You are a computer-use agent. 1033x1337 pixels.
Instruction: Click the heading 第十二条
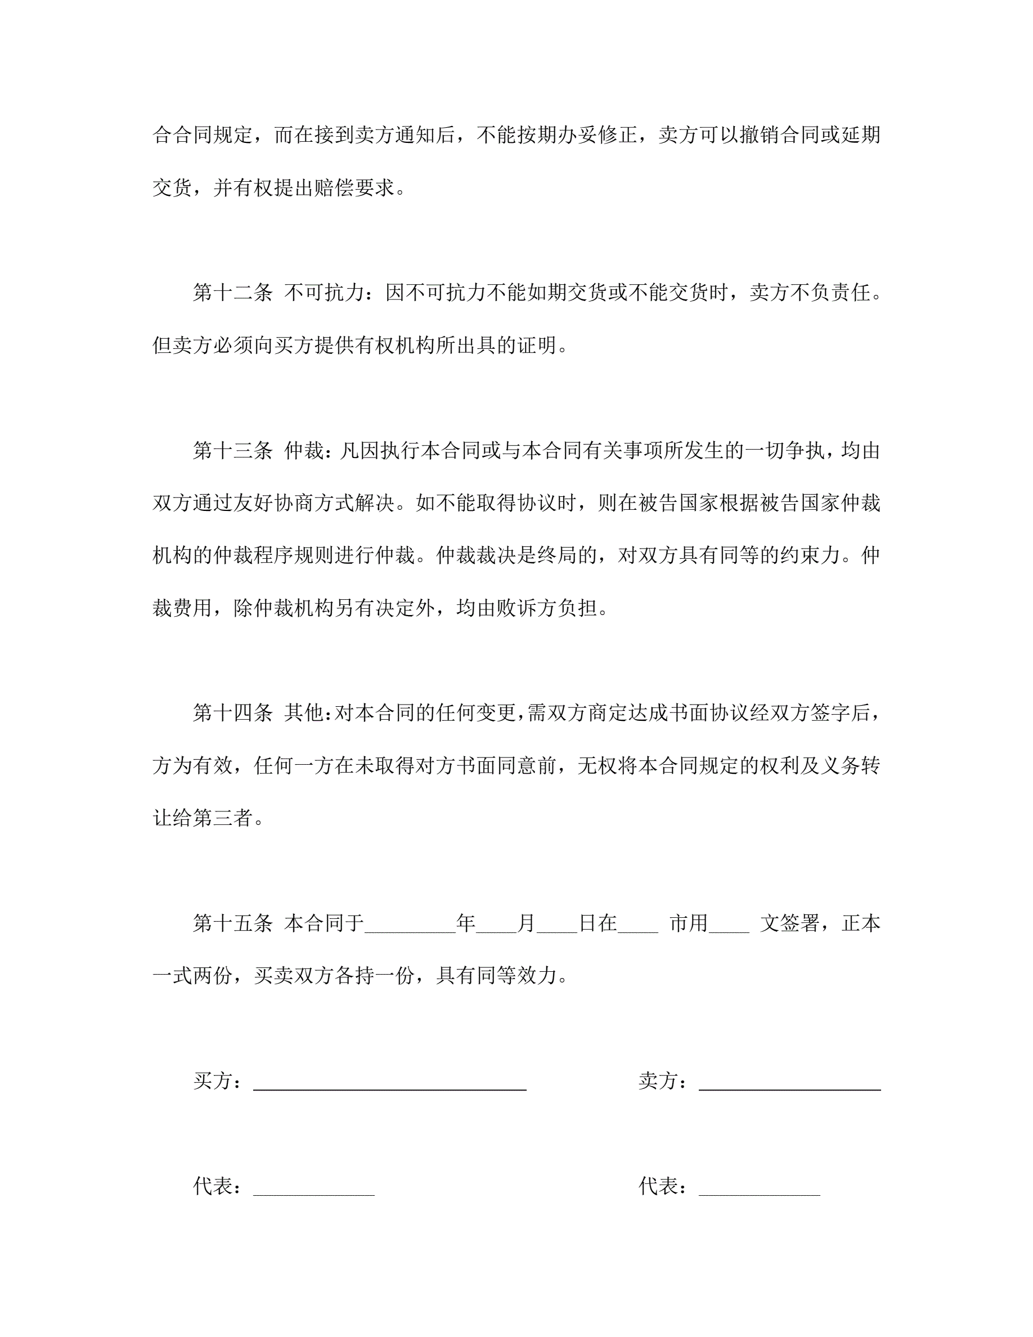(232, 293)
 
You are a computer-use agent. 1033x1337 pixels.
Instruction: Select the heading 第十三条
(232, 451)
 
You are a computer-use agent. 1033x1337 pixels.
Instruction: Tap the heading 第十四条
(232, 713)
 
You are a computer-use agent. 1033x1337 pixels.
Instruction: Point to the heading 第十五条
(232, 924)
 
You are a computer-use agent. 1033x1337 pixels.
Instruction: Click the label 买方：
(217, 1082)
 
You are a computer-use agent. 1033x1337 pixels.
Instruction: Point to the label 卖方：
(663, 1082)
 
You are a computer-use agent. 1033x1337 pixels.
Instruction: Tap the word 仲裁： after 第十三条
(308, 451)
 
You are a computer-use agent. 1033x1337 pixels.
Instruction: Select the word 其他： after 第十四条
(308, 713)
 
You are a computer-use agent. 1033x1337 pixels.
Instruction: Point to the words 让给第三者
(203, 819)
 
